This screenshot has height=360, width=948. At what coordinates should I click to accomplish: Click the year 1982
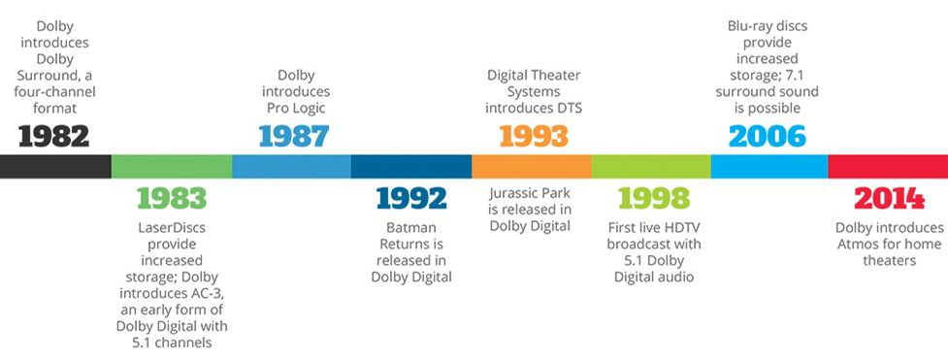(53, 136)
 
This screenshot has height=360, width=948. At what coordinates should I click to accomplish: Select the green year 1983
(172, 198)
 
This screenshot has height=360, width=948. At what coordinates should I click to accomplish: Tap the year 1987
(294, 136)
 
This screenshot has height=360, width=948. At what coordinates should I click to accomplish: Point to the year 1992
(411, 198)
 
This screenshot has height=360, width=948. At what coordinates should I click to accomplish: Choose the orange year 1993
(534, 136)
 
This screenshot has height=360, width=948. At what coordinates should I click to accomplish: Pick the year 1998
(654, 198)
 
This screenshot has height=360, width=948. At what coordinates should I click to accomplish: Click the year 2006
(768, 136)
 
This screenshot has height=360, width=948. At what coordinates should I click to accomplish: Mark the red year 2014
(890, 198)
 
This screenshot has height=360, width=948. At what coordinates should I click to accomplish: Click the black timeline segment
(55, 166)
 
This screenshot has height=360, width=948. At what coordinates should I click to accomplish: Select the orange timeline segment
(532, 166)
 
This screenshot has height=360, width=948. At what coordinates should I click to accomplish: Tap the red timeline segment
(888, 166)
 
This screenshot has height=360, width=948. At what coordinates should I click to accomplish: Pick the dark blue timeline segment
(411, 166)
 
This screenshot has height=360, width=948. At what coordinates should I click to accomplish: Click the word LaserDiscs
(172, 227)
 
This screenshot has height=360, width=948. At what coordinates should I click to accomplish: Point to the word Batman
(411, 227)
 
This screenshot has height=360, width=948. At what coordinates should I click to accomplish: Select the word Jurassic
(516, 194)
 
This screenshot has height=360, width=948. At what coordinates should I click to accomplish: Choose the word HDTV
(682, 227)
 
